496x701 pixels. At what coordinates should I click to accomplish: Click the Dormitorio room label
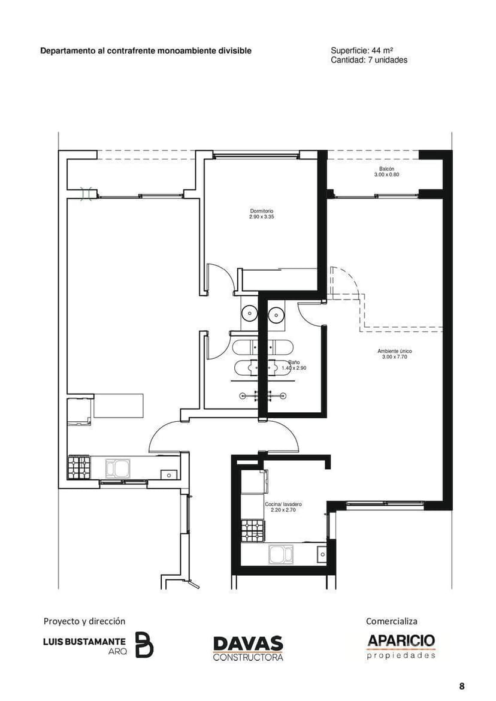tap(261, 211)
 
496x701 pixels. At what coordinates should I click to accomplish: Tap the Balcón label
tap(386, 169)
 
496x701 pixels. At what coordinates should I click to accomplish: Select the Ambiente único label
tap(395, 351)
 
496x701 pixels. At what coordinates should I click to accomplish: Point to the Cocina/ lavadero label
tap(283, 504)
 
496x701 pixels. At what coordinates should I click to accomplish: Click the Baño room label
tap(294, 362)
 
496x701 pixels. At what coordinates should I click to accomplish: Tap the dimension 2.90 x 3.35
tap(261, 217)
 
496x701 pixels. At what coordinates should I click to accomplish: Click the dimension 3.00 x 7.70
tap(395, 357)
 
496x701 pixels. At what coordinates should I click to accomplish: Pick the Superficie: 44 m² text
tap(362, 50)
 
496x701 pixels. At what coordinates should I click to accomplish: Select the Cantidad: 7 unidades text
tap(369, 60)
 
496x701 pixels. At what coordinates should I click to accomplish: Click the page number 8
tap(462, 686)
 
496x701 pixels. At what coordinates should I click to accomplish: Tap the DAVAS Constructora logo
tap(248, 648)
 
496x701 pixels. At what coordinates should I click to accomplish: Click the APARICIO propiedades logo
tap(401, 646)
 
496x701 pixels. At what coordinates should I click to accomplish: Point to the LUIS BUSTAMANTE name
tap(84, 642)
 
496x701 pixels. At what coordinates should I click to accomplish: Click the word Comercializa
tap(391, 621)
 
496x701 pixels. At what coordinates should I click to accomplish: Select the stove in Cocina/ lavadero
tap(253, 531)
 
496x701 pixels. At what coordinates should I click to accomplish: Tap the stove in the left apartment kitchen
tap(79, 467)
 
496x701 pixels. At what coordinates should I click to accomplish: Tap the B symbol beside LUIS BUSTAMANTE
tap(144, 645)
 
